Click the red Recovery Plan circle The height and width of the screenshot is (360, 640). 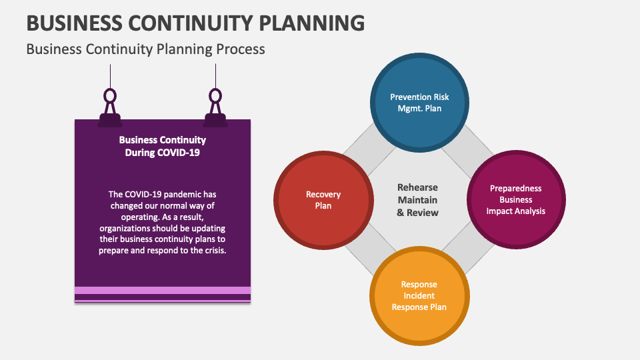tap(323, 200)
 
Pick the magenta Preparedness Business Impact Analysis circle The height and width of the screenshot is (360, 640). tap(515, 200)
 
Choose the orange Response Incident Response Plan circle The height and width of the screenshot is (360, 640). tap(419, 296)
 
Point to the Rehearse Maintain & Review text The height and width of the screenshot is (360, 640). tap(418, 200)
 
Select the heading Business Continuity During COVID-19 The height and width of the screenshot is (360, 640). tap(162, 146)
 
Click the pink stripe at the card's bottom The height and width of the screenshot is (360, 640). tap(162, 290)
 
